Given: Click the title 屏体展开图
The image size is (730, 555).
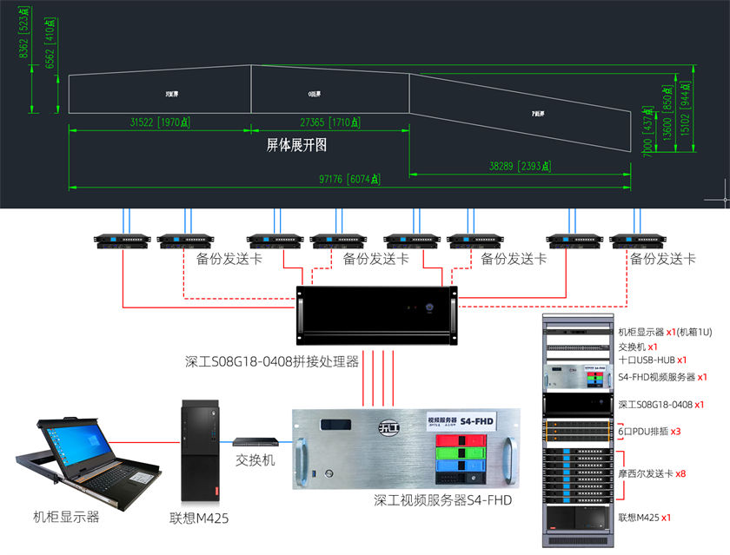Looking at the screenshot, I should (296, 146).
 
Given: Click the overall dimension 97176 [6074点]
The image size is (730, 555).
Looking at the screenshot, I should (351, 180).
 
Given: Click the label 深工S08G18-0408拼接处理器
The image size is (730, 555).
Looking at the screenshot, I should (272, 361).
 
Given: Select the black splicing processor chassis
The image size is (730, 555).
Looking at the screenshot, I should (376, 316).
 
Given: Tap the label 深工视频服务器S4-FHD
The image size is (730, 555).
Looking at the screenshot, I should (442, 500).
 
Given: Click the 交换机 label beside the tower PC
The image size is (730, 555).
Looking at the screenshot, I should (255, 460).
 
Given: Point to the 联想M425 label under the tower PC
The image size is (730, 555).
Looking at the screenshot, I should (199, 519).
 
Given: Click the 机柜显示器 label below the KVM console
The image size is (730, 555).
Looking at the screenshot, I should (66, 517).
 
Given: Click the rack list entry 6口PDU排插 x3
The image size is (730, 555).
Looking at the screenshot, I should (649, 431).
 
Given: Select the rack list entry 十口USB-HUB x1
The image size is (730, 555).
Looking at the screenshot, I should (652, 360).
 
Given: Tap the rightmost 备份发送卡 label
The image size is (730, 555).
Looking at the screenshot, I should (663, 259).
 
